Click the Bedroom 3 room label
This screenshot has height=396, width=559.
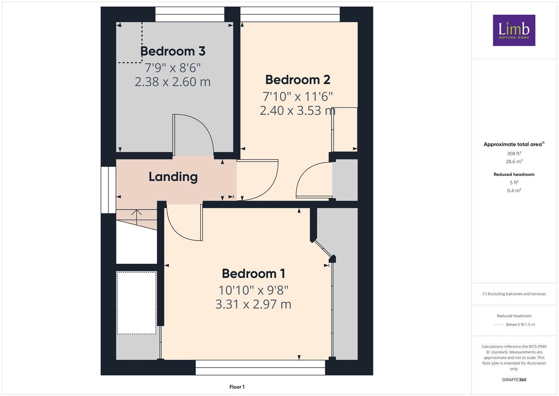click(x=172, y=51)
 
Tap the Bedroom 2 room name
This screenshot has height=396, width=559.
click(x=298, y=80)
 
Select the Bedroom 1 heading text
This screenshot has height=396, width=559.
click(x=253, y=274)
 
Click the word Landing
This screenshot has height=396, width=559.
click(x=173, y=177)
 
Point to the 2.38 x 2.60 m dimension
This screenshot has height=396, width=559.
click(x=172, y=82)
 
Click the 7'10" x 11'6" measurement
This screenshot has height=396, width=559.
click(x=298, y=96)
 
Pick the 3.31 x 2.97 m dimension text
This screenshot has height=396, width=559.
click(x=253, y=304)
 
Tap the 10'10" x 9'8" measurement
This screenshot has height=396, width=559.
click(x=253, y=290)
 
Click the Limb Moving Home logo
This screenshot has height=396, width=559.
click(x=514, y=30)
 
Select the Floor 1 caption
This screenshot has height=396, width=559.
click(x=237, y=387)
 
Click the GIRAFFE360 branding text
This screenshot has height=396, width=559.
click(x=514, y=380)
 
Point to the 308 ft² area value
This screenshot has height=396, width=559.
click(x=514, y=154)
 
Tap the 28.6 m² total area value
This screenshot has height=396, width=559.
click(x=514, y=161)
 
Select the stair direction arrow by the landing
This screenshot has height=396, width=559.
click(x=137, y=216)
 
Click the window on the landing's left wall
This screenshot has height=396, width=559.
click(x=108, y=190)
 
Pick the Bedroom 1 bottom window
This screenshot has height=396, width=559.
click(x=260, y=367)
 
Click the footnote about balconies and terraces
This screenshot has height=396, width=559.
click(x=514, y=294)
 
